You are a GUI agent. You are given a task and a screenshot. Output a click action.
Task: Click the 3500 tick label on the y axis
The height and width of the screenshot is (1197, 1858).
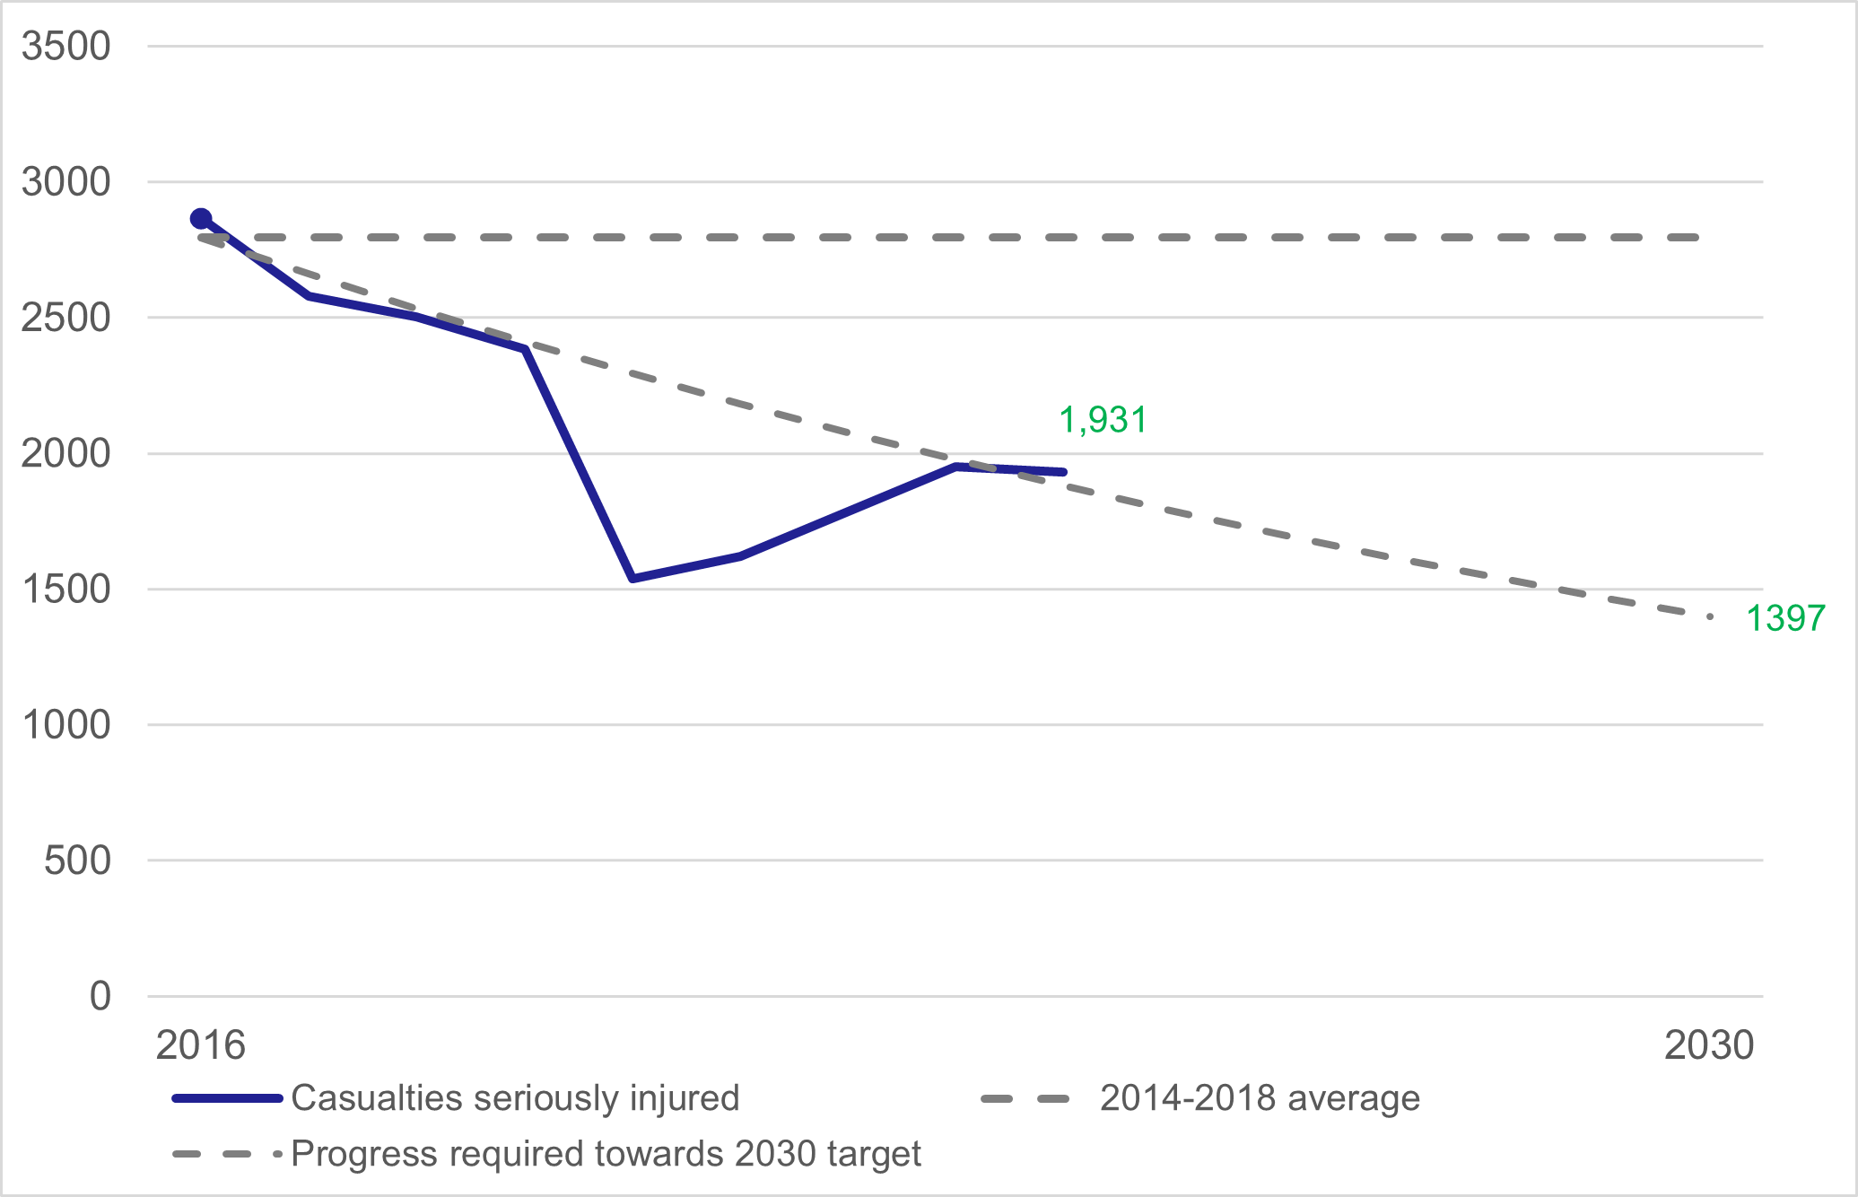pos(65,46)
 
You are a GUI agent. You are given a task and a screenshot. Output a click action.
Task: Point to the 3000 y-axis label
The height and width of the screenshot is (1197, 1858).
pos(65,182)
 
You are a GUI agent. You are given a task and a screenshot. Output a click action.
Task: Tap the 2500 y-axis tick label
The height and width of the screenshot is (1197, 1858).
pos(65,318)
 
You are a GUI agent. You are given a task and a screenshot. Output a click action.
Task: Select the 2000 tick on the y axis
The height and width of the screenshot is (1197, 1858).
pos(65,453)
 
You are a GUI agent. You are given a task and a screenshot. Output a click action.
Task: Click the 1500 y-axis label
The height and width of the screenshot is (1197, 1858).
pos(65,590)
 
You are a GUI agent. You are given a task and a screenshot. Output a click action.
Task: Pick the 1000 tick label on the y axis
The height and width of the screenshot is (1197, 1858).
pos(65,725)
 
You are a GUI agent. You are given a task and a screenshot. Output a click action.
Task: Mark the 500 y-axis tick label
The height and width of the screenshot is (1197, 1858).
pos(77,861)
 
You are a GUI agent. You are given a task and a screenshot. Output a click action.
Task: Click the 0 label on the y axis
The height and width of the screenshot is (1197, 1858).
pos(100,996)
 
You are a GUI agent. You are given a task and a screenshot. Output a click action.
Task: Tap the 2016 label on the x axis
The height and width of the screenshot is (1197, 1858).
pos(200,1045)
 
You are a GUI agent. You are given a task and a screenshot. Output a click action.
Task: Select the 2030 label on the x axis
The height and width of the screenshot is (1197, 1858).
pos(1708,1045)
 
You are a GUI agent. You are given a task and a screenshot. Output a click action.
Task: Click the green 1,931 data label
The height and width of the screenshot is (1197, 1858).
pos(1103,420)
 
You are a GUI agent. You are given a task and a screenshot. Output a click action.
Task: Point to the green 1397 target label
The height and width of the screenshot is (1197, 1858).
pos(1784,618)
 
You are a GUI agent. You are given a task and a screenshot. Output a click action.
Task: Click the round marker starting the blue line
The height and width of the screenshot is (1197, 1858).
pos(201,219)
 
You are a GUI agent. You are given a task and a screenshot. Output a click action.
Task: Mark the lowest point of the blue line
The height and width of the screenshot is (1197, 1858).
pos(632,579)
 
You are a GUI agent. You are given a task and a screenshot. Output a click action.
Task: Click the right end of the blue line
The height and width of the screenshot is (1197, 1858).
pos(1064,472)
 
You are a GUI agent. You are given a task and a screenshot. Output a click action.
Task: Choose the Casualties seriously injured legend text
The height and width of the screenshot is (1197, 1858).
pos(515,1098)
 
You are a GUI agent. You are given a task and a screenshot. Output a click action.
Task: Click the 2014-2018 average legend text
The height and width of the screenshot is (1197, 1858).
pos(1260,1098)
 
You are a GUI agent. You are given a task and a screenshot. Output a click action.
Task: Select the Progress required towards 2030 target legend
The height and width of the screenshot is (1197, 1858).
pos(606,1154)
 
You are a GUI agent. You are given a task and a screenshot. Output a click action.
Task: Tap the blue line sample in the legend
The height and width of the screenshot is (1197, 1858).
pos(227,1098)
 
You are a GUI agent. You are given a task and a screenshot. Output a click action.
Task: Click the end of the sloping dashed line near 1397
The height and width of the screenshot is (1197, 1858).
pos(1710,617)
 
